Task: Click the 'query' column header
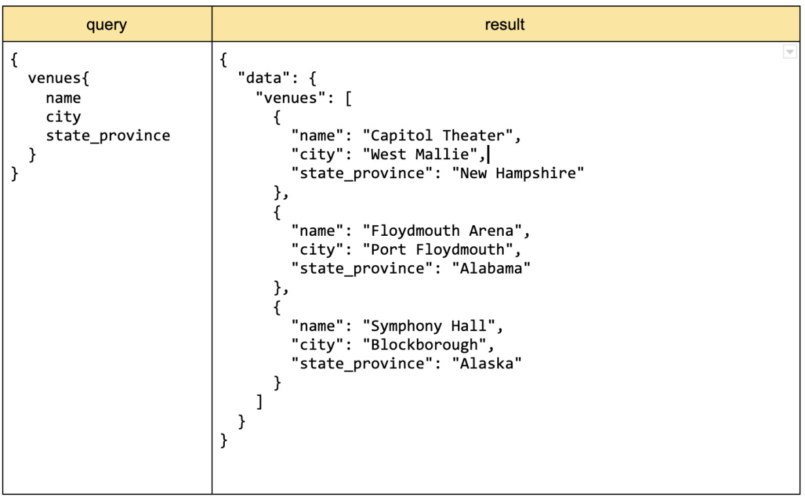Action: [107, 25]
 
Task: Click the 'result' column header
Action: [504, 25]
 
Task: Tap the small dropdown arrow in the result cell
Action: [789, 52]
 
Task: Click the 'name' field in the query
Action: [63, 98]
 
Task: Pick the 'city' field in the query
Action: [63, 117]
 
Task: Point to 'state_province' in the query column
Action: [108, 136]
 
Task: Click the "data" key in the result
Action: [263, 79]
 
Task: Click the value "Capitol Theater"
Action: [438, 136]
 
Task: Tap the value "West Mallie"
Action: [420, 155]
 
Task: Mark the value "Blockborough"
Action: [424, 345]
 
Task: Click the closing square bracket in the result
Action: [259, 402]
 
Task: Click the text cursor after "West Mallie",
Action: [489, 155]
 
